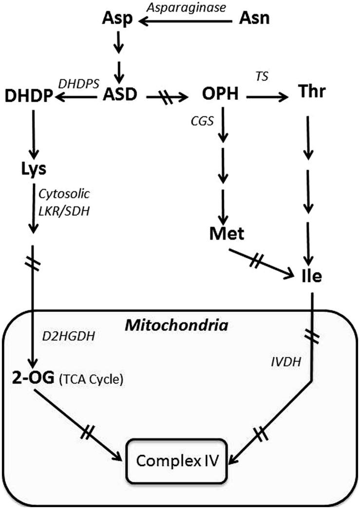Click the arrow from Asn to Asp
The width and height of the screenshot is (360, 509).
(x=188, y=20)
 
